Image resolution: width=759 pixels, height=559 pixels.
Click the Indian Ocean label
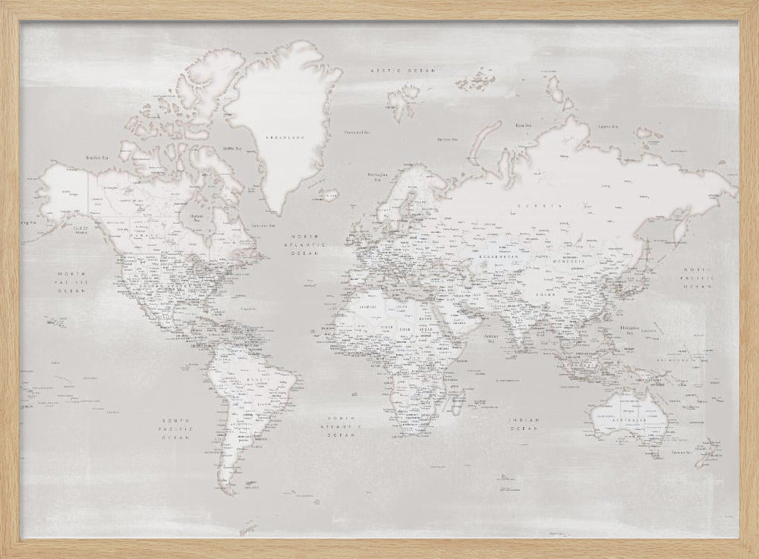[x=524, y=425]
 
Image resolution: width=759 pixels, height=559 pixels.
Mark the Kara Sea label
[x=522, y=126]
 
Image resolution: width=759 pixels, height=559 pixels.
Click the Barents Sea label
[x=448, y=140]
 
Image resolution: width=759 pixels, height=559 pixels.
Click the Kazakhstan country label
[x=497, y=257]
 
